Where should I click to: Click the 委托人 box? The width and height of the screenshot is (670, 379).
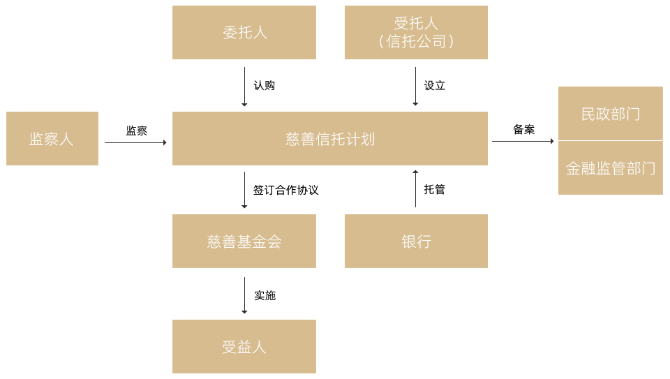click(244, 33)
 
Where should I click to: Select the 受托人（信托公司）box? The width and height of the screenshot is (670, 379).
click(416, 33)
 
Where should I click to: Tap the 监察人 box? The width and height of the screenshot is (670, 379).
click(52, 139)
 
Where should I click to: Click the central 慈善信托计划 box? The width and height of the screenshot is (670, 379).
click(329, 139)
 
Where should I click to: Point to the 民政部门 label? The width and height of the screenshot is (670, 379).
click(610, 114)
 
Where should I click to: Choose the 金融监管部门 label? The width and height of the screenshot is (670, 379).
click(610, 168)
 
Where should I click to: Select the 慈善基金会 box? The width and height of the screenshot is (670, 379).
click(244, 241)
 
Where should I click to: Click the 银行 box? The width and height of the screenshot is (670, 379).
click(416, 241)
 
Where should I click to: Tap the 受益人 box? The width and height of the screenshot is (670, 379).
click(244, 347)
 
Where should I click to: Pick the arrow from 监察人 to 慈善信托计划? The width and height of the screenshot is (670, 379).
click(135, 142)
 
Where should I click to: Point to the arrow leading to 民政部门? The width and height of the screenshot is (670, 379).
click(523, 141)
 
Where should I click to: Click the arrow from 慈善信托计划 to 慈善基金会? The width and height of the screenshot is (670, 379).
click(244, 190)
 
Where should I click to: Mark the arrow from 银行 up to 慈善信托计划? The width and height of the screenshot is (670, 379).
click(415, 189)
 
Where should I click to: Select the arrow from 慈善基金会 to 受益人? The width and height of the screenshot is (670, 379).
click(244, 295)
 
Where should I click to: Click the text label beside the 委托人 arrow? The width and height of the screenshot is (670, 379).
click(264, 86)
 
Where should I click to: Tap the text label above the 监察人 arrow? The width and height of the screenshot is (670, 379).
click(136, 131)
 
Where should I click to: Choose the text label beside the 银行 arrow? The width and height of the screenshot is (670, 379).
click(434, 189)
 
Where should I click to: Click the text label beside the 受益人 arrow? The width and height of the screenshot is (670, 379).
click(265, 296)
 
